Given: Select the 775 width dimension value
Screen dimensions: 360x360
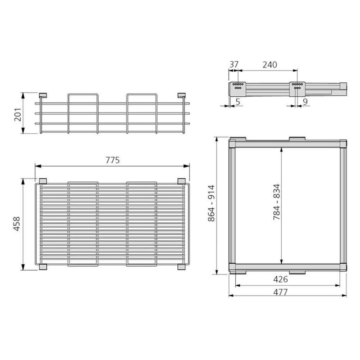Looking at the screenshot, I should pos(112,161).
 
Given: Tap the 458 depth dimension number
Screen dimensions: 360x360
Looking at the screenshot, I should pos(17,224).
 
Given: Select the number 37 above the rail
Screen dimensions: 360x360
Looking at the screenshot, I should pos(234,64).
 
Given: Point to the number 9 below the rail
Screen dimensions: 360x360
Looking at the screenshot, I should pos(305,102).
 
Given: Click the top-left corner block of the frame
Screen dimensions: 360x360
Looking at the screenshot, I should pos(233,144).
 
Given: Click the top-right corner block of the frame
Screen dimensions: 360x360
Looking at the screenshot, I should pos(343,144).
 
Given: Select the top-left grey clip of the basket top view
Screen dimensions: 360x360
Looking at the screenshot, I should pos(43,181).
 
